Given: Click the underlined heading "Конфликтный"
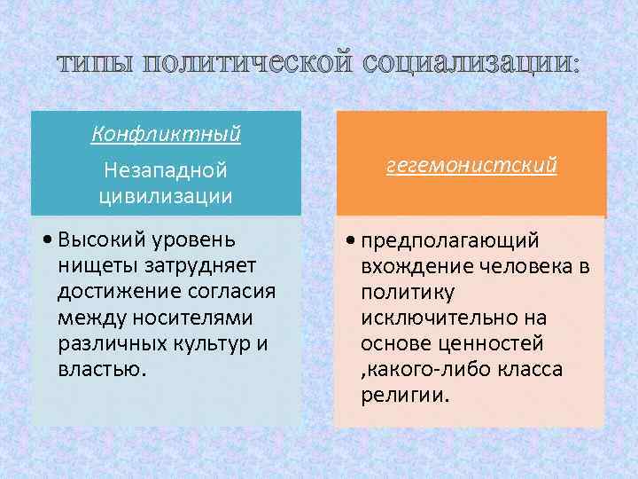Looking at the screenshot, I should point(166,135).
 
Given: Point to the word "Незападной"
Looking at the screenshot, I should point(166,169).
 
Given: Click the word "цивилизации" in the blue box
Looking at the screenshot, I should point(166,195).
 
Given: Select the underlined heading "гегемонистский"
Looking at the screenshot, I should point(471,166).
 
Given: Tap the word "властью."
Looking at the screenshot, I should point(98,368).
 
